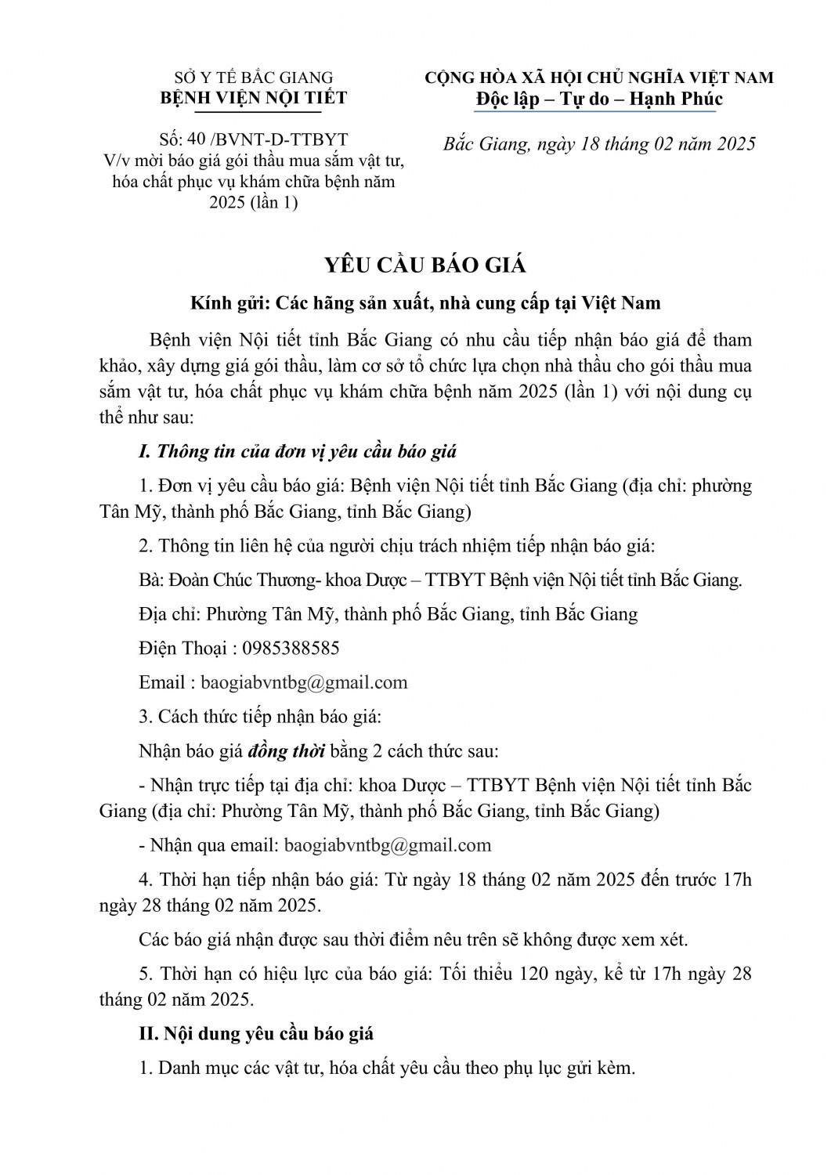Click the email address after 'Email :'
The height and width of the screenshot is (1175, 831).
(304, 681)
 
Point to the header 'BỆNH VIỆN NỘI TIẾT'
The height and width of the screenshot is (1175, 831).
(253, 98)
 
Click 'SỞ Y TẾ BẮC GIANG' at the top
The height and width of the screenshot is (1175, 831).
(253, 78)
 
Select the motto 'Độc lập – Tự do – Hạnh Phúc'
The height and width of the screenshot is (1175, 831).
(599, 99)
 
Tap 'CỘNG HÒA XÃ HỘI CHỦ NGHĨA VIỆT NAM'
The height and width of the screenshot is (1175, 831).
(599, 78)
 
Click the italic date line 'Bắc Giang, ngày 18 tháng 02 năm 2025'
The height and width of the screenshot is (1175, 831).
(599, 144)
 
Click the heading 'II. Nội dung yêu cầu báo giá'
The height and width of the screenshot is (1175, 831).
(256, 1033)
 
